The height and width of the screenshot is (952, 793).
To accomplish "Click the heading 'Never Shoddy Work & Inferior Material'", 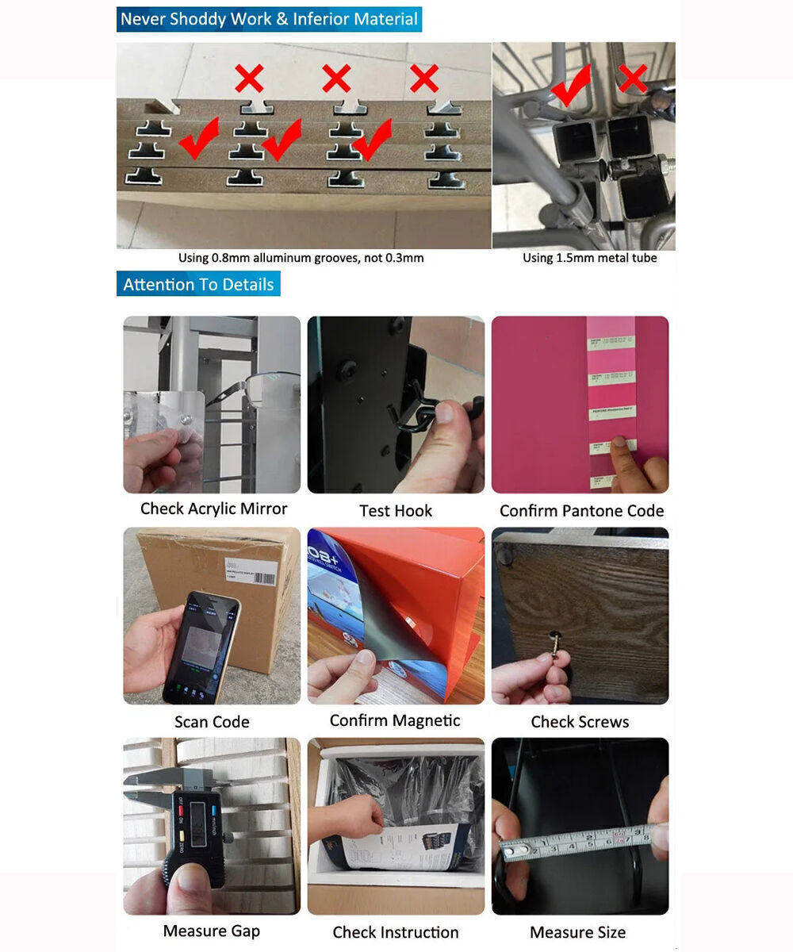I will (x=269, y=19).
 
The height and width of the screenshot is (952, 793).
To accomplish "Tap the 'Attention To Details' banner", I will (x=198, y=284).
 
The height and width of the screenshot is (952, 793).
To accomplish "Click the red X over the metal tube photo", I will (x=632, y=79).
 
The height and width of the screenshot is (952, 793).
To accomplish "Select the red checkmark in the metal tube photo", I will (x=573, y=85).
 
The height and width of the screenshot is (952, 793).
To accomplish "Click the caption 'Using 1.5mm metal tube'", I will (x=589, y=258).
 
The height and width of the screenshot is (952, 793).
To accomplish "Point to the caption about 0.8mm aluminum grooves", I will (x=301, y=258).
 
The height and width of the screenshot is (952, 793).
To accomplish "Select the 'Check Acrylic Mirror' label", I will (x=213, y=509).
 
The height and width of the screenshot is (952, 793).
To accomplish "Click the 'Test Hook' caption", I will (x=396, y=511).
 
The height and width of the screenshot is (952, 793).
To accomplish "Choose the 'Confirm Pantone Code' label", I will (x=581, y=511).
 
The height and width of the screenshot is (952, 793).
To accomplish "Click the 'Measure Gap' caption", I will (x=211, y=931).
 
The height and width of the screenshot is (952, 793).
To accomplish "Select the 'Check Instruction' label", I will (x=395, y=932).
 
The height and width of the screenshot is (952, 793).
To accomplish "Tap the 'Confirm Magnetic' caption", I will (x=394, y=720).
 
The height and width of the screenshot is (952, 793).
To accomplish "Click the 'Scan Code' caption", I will (x=212, y=722).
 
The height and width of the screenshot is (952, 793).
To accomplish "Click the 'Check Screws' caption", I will (x=580, y=722).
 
